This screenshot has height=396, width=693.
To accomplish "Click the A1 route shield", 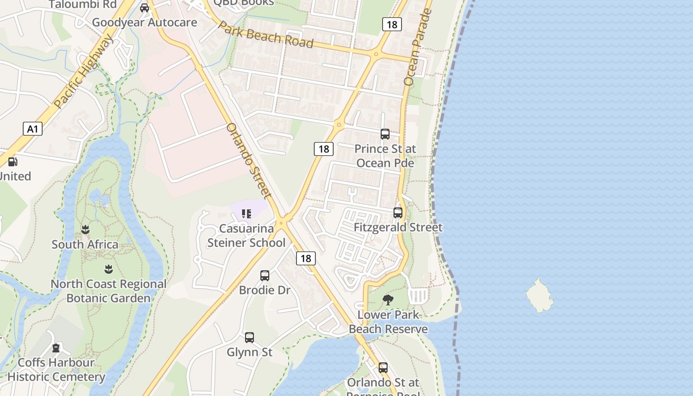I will (32, 129).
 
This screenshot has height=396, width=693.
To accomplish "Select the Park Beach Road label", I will (266, 35).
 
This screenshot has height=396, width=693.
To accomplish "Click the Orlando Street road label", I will (248, 160).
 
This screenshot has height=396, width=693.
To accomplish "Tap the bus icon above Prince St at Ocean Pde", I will (385, 134).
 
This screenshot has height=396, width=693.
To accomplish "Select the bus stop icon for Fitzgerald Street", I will (398, 213).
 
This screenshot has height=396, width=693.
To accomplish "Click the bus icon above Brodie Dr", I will (265, 276).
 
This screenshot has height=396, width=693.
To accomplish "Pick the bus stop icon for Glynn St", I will (249, 338).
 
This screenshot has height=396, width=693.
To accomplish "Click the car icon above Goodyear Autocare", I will (145, 8).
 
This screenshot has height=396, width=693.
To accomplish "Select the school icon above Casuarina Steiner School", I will (247, 214).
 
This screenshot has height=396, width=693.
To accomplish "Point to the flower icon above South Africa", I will (85, 230).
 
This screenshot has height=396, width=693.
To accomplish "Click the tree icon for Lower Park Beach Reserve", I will (388, 299).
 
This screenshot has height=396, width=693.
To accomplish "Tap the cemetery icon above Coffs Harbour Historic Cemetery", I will (56, 348).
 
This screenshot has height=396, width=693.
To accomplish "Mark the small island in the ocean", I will (539, 296).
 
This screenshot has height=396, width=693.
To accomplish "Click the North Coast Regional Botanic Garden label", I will (108, 291).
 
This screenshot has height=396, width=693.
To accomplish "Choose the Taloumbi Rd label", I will (83, 4).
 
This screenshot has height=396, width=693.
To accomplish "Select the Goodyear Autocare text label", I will (145, 22).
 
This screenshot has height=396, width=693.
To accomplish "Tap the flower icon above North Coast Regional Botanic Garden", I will (108, 269).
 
